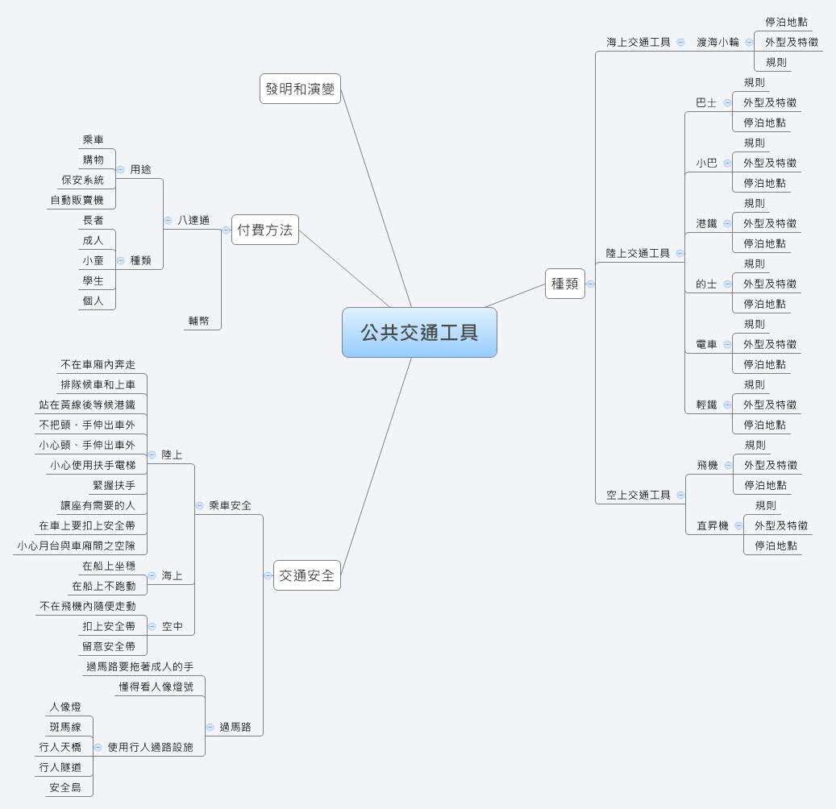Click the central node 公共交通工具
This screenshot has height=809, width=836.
click(419, 332)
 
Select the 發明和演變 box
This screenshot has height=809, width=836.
click(300, 89)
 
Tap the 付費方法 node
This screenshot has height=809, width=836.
click(264, 230)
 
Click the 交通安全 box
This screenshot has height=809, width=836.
click(306, 575)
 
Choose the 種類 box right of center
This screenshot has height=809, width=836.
click(564, 284)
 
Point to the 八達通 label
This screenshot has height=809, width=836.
click(193, 220)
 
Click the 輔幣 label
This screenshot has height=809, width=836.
click(198, 320)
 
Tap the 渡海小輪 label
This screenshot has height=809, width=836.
click(717, 42)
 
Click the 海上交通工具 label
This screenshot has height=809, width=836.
click(638, 42)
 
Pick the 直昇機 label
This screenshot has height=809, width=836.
click(712, 525)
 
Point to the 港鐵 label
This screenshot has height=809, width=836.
click(706, 223)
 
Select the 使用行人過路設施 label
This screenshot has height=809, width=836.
click(151, 747)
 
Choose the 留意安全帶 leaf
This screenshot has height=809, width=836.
click(108, 646)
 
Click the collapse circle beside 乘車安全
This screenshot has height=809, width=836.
click(199, 505)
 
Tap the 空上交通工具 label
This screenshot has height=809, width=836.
click(638, 495)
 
